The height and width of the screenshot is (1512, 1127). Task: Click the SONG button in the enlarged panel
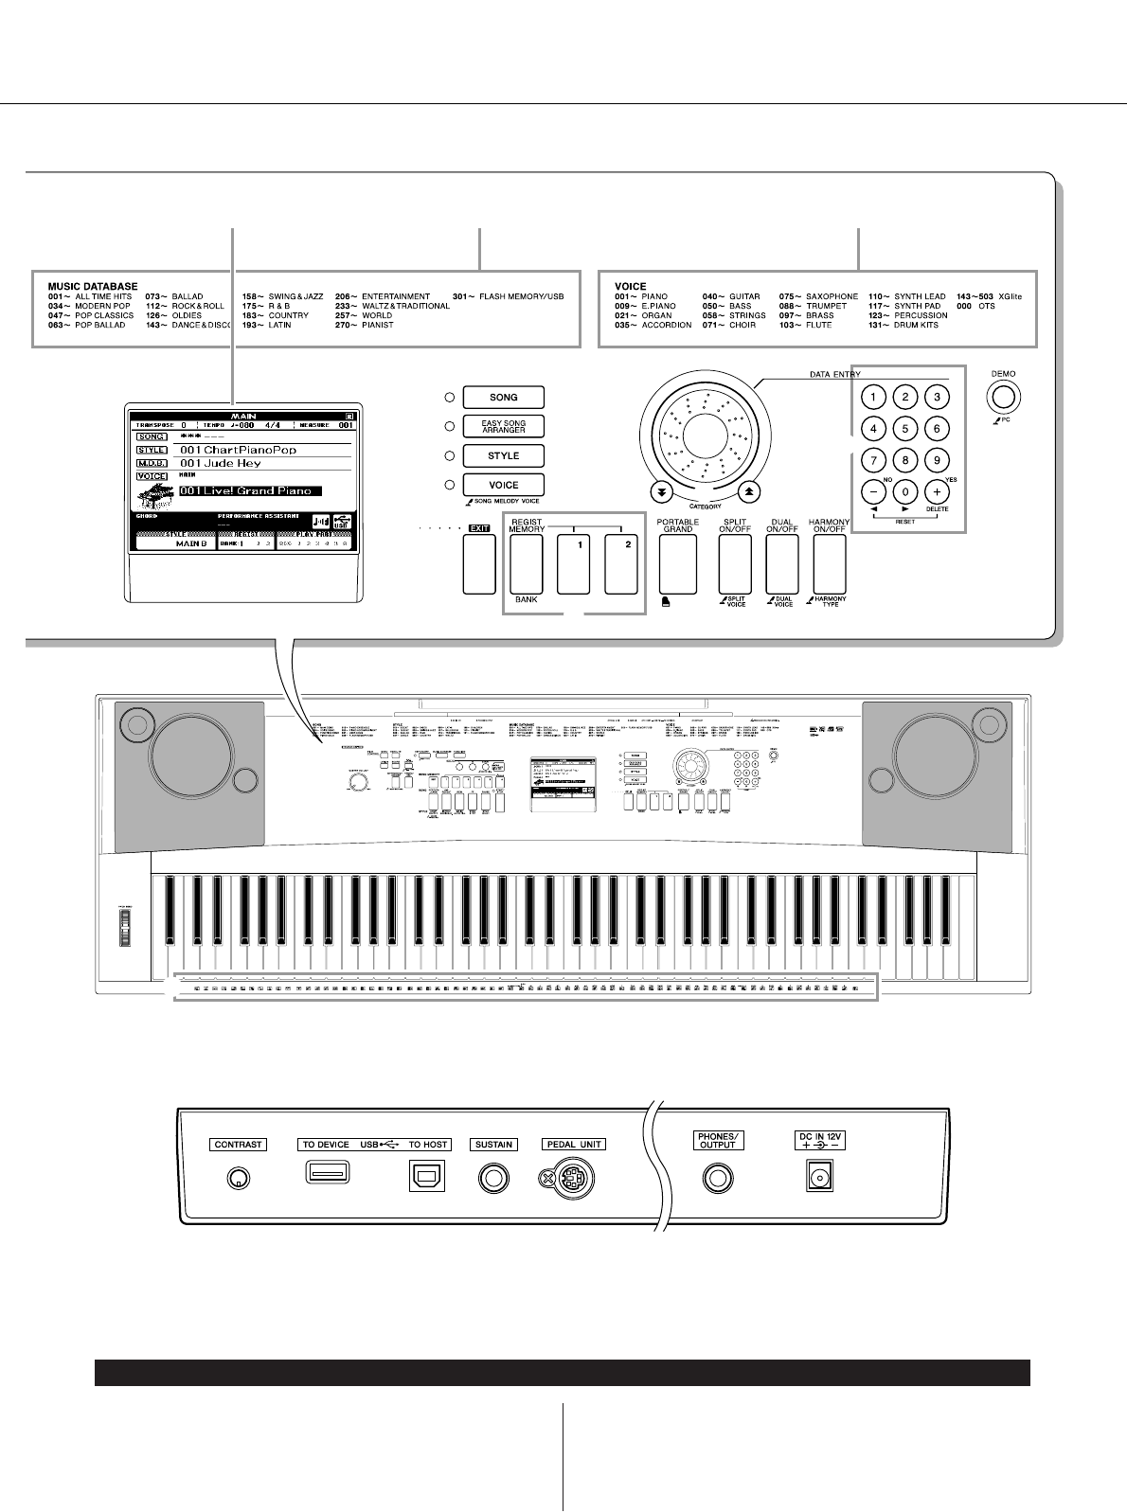[x=503, y=398]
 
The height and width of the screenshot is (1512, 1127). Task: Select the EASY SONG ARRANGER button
[x=503, y=426]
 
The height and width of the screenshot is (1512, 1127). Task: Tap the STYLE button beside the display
[x=503, y=455]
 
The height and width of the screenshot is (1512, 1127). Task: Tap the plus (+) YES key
[x=937, y=492]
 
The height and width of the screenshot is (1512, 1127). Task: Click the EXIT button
[x=479, y=565]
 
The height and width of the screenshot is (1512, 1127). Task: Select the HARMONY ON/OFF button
[x=829, y=565]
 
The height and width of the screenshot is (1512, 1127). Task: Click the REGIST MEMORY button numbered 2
[x=620, y=565]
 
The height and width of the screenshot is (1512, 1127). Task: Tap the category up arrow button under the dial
[x=749, y=491]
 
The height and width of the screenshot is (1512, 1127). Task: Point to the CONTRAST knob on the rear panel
[x=238, y=1178]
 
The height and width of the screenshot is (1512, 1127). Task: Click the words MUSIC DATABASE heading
[x=93, y=286]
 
